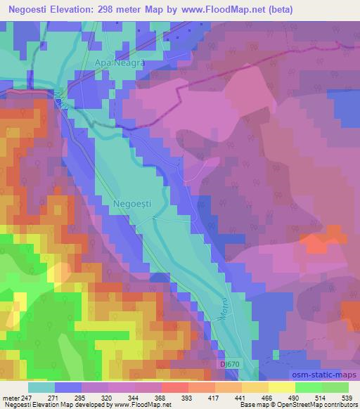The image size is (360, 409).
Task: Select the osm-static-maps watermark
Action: click(328, 375)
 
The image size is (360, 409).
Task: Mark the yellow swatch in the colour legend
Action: click(283, 387)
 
